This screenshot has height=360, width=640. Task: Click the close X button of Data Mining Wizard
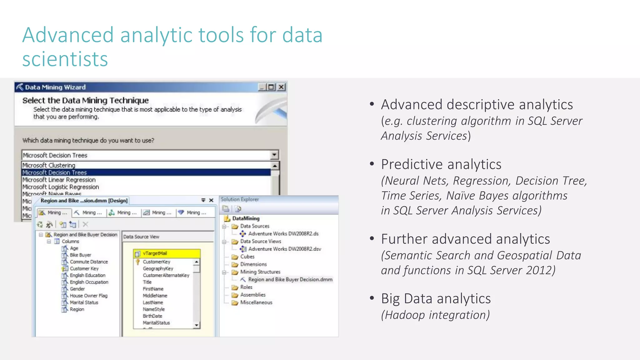pyautogui.click(x=282, y=87)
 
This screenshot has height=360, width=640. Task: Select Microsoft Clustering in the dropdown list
pyautogui.click(x=49, y=165)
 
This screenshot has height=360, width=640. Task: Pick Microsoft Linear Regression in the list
pyautogui.click(x=59, y=180)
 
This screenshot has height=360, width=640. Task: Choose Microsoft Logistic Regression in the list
pyautogui.click(x=61, y=187)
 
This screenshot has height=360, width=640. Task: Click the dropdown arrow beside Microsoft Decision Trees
pyautogui.click(x=274, y=155)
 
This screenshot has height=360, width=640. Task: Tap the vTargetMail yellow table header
pyautogui.click(x=167, y=253)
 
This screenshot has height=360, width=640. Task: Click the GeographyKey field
pyautogui.click(x=158, y=268)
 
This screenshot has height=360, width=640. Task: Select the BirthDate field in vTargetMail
pyautogui.click(x=152, y=316)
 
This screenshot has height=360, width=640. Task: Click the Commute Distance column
pyautogui.click(x=89, y=262)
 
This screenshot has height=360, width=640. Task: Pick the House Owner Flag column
pyautogui.click(x=88, y=296)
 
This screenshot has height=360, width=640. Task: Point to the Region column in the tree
pyautogui.click(x=77, y=309)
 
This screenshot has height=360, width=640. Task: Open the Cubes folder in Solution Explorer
pyautogui.click(x=247, y=257)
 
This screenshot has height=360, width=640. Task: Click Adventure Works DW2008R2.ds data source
pyautogui.click(x=283, y=234)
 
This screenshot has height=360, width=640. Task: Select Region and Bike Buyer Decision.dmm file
pyautogui.click(x=290, y=279)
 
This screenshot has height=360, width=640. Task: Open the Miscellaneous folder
pyautogui.click(x=256, y=302)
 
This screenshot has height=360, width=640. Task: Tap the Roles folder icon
pyautogui.click(x=235, y=287)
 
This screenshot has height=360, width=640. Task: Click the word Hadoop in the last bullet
pyautogui.click(x=405, y=315)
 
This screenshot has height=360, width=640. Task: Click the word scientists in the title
pyautogui.click(x=65, y=59)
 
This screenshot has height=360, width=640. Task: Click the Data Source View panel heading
pyautogui.click(x=141, y=237)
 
